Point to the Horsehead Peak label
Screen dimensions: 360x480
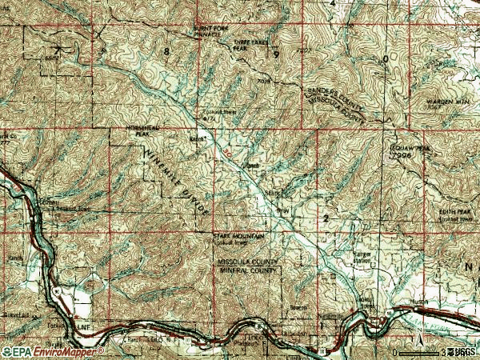click(131, 131)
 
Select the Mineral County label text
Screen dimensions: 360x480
click(248, 270)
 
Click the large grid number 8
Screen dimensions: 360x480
click(167, 51)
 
